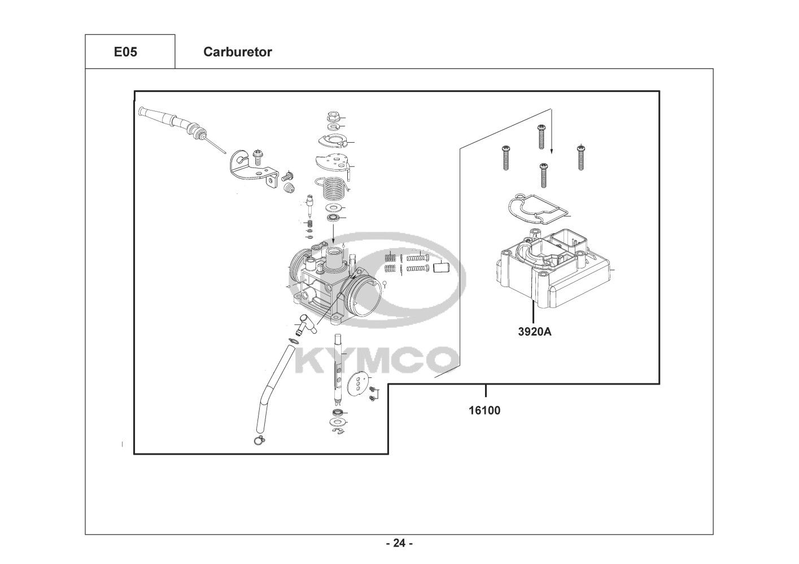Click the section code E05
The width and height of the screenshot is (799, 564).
(x=125, y=52)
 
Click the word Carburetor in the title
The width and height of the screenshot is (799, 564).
(x=237, y=52)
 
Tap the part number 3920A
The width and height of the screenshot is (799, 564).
(x=534, y=332)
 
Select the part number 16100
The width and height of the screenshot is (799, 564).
(x=484, y=410)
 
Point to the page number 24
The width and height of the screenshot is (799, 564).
(x=399, y=544)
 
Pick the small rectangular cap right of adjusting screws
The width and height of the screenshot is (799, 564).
(x=440, y=267)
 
